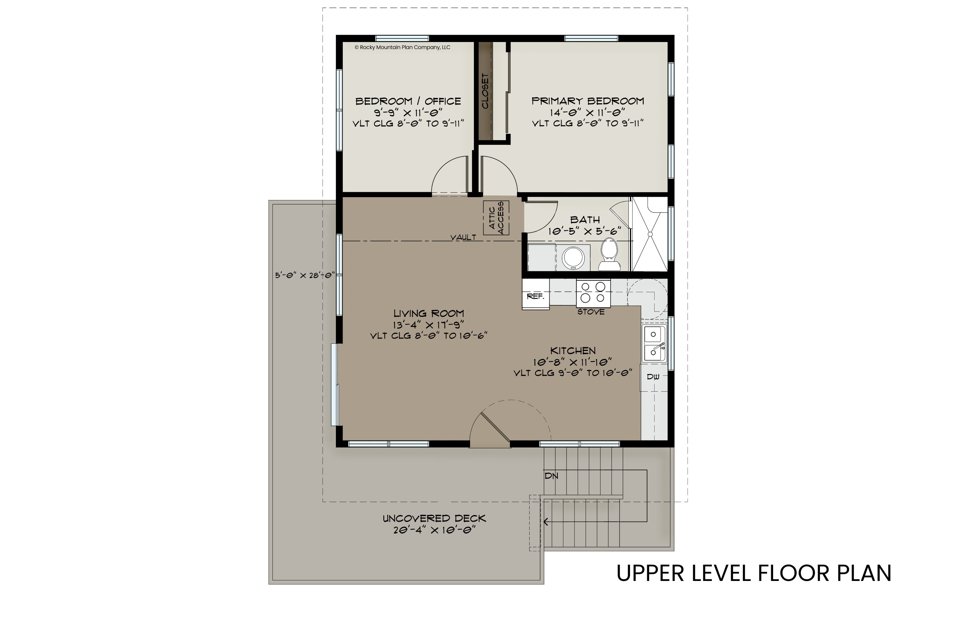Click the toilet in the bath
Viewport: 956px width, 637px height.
pos(609,254)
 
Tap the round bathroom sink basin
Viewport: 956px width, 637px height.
pos(573,258)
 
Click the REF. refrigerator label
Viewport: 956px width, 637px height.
pos(535,297)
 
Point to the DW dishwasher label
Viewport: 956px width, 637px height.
pos(653,377)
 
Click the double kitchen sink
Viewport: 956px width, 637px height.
pos(654,344)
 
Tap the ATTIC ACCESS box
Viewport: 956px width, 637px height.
pos(496,218)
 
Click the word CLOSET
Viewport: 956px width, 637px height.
pos(485,91)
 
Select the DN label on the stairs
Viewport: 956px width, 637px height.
pos(551,476)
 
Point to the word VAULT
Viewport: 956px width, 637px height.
pos(463,237)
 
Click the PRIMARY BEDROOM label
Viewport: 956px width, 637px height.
pos(588,101)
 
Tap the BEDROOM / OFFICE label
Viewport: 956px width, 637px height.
pos(408,101)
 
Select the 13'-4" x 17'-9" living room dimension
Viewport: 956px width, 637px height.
pos(428,325)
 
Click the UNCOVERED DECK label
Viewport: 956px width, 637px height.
pos(434,519)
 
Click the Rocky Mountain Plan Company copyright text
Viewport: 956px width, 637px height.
pos(402,47)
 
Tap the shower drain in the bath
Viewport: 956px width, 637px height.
pos(650,234)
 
